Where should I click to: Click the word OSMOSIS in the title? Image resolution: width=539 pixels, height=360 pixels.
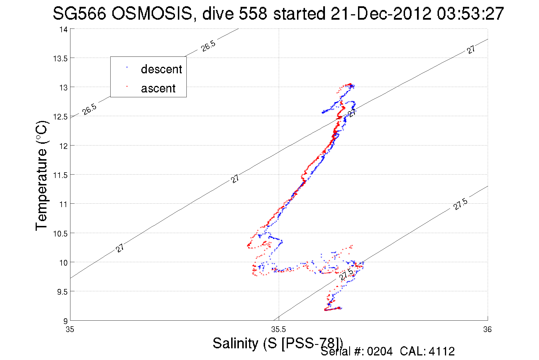(x=152, y=13)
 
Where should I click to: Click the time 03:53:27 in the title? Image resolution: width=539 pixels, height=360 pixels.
(x=470, y=13)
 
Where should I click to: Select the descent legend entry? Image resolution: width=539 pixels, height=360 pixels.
(x=161, y=69)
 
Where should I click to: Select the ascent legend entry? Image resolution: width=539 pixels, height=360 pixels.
(x=158, y=88)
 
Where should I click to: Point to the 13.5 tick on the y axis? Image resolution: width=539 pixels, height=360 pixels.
(x=60, y=59)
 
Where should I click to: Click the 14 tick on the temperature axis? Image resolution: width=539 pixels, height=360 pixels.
(x=63, y=30)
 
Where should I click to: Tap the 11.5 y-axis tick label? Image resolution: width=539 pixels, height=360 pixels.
(x=60, y=175)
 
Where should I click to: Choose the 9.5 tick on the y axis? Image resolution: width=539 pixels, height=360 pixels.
(x=62, y=292)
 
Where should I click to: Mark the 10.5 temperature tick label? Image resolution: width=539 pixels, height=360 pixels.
(x=60, y=234)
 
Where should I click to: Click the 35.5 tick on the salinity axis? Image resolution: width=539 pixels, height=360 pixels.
(x=278, y=330)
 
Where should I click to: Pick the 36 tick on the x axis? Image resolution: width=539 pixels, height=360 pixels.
(x=487, y=330)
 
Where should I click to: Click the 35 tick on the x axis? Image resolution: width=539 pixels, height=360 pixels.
(x=70, y=330)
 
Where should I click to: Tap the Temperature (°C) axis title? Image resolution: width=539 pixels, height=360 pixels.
(x=42, y=175)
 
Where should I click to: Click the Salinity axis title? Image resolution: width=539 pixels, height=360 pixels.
(x=277, y=343)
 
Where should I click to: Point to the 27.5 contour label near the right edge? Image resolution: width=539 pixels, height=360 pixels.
(x=461, y=204)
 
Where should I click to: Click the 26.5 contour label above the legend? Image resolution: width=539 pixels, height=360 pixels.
(x=208, y=46)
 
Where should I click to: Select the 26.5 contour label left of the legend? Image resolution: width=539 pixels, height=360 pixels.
(x=90, y=109)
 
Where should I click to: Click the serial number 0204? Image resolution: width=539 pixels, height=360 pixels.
(x=380, y=351)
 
